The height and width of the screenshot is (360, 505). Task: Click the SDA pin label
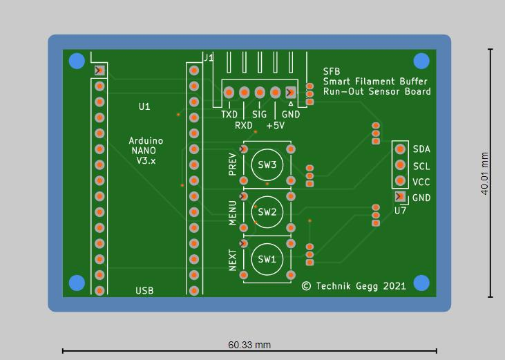pyautogui.click(x=421, y=149)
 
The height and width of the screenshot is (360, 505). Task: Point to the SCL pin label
pyautogui.click(x=421, y=167)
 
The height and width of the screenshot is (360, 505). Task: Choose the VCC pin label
pyautogui.click(x=421, y=182)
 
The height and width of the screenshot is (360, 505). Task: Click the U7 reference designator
pyautogui.click(x=400, y=210)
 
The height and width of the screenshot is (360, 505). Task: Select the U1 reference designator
pyautogui.click(x=144, y=107)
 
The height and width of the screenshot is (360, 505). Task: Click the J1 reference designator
pyautogui.click(x=208, y=57)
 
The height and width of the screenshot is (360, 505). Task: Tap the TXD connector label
pyautogui.click(x=229, y=115)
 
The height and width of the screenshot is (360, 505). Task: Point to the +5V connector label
pyautogui.click(x=275, y=126)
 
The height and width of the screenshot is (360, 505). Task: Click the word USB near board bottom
pyautogui.click(x=144, y=291)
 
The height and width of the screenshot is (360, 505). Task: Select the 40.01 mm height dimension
pyautogui.click(x=485, y=174)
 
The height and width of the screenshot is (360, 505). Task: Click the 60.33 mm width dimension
pyautogui.click(x=249, y=344)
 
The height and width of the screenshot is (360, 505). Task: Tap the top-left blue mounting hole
pyautogui.click(x=77, y=61)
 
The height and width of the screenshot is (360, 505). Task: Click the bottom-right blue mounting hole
pyautogui.click(x=421, y=283)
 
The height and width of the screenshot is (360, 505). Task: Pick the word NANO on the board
pyautogui.click(x=142, y=151)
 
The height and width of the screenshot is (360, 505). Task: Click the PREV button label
pyautogui.click(x=233, y=166)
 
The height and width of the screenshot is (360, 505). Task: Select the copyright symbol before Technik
pyautogui.click(x=307, y=285)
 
